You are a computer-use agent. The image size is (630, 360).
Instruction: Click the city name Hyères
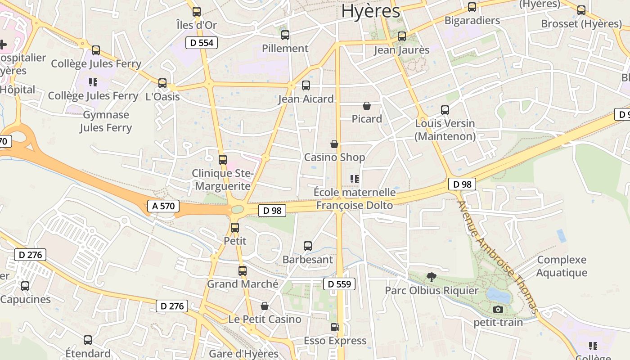point(370,11)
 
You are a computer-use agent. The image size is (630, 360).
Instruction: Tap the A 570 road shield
point(163,206)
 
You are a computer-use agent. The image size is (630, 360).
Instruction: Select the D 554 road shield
point(202,43)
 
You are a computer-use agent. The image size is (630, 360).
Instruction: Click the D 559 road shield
point(339,284)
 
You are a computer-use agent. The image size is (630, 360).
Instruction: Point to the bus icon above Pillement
point(285,35)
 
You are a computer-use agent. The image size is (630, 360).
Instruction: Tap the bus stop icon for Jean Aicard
point(306,85)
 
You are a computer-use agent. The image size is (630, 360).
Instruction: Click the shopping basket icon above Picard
point(367,106)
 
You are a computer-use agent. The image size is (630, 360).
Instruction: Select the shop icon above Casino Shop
point(334,144)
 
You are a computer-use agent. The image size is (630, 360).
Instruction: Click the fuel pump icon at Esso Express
point(335,328)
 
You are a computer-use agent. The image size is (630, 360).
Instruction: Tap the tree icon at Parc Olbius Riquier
point(432,277)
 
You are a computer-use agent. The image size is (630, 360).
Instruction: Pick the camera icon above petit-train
point(498,309)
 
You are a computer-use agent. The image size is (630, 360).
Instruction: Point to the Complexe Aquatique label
point(562,266)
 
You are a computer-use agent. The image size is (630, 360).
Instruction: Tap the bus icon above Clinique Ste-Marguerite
point(222,160)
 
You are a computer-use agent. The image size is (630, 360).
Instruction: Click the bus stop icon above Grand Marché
point(243,271)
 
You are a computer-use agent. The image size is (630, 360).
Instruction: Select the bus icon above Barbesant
point(308,246)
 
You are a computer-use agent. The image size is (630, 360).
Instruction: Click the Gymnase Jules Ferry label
point(106,121)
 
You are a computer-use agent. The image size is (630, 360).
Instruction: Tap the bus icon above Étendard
point(88,340)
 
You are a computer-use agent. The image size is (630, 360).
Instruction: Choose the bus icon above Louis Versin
point(445,110)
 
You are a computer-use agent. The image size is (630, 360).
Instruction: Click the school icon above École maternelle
point(355,179)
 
